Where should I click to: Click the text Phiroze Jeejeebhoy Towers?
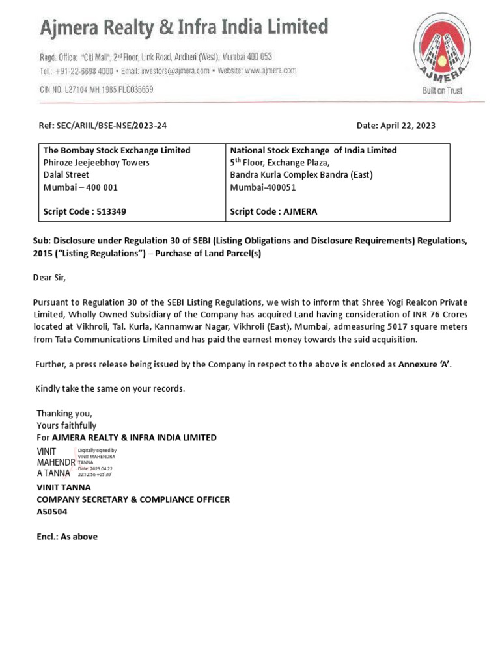coord(96,163)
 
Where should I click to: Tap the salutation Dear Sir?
coord(49,278)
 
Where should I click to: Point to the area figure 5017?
coord(395,327)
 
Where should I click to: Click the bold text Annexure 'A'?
coord(424,364)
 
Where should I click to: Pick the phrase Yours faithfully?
coord(66,425)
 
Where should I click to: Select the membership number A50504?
coord(52,512)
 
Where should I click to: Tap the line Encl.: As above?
coord(67,537)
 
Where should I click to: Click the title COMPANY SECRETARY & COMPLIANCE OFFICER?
coord(133,499)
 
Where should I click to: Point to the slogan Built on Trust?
coord(442,91)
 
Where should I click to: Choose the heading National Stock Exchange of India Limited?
coord(313,150)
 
